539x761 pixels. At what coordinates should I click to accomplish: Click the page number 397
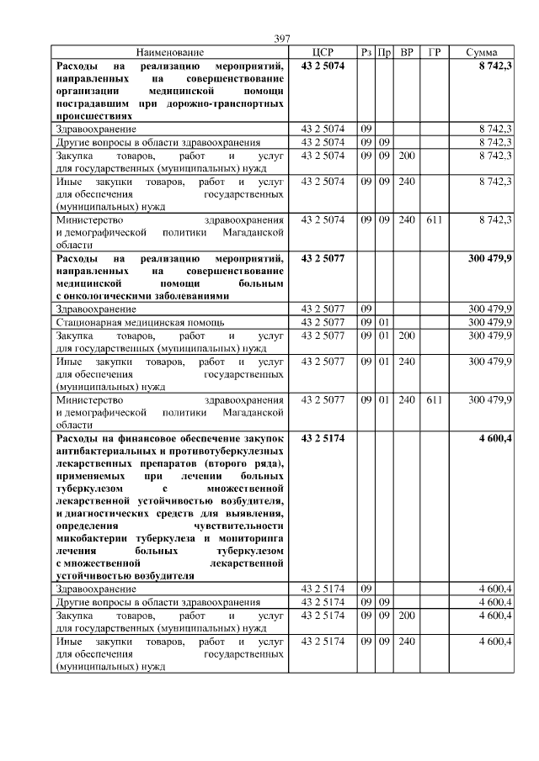click(282, 39)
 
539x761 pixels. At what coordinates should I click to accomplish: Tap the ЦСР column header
click(323, 52)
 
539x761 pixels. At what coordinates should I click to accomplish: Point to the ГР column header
click(434, 52)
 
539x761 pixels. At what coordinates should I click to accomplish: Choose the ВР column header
click(407, 52)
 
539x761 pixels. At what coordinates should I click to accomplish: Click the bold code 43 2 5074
click(323, 65)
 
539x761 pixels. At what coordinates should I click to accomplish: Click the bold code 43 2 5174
click(323, 438)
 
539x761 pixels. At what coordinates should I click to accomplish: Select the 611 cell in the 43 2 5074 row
click(434, 219)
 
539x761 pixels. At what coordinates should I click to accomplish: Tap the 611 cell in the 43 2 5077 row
click(434, 399)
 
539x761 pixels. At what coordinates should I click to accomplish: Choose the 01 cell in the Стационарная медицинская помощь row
click(383, 321)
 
